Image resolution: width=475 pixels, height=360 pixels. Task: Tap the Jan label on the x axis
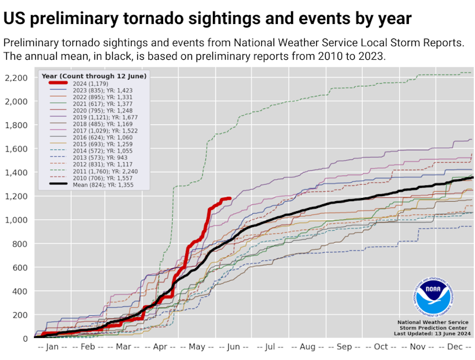pyautogui.click(x=52, y=347)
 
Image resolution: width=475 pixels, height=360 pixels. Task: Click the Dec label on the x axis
pyautogui.click(x=453, y=347)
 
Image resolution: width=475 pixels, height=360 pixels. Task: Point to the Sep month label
pyautogui.click(x=344, y=347)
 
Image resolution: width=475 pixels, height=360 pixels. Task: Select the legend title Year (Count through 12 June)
pyautogui.click(x=94, y=76)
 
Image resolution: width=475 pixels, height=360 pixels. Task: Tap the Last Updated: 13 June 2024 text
pyautogui.click(x=432, y=334)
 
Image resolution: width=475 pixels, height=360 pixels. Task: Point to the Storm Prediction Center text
pyautogui.click(x=432, y=327)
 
